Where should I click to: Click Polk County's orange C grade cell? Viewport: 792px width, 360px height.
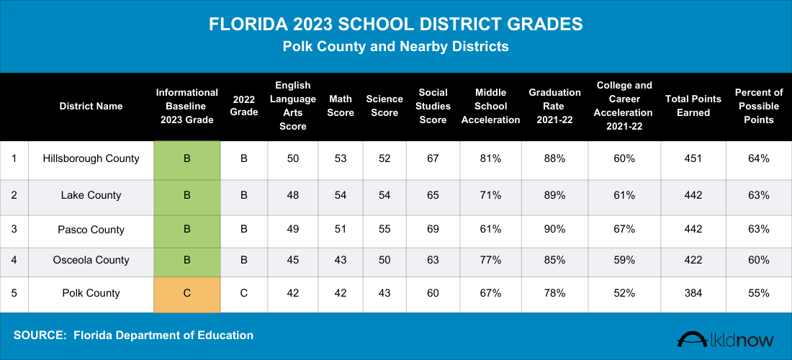[x=187, y=294]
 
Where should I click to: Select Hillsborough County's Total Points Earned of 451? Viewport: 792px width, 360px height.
[x=693, y=158]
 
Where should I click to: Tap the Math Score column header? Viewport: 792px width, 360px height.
[x=341, y=106]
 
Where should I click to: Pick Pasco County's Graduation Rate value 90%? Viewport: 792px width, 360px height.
[x=554, y=230]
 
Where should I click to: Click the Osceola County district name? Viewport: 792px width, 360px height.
[x=91, y=260]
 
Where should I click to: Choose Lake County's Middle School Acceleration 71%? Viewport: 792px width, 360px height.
[x=490, y=195]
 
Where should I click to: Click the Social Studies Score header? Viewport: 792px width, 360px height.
[x=433, y=106]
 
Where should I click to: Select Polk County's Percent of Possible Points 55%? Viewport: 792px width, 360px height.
[x=759, y=294]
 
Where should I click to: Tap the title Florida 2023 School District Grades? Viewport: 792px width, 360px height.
[x=396, y=24]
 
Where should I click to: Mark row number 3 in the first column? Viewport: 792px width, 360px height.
[x=14, y=230]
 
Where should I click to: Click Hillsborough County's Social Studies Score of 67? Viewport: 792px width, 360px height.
[x=433, y=158]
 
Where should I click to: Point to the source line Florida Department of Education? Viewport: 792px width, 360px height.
[x=133, y=336]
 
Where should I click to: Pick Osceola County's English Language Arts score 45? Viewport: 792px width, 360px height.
[x=293, y=260]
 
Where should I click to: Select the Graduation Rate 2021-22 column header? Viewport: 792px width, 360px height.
[x=554, y=106]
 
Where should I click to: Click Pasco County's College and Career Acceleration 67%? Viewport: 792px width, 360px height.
[x=624, y=230]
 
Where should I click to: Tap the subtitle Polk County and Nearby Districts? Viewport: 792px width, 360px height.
[x=396, y=47]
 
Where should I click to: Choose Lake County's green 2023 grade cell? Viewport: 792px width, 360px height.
[x=187, y=195]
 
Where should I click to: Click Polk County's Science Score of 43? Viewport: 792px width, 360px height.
[x=384, y=294]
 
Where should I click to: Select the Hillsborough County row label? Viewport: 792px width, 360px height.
[x=91, y=158]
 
